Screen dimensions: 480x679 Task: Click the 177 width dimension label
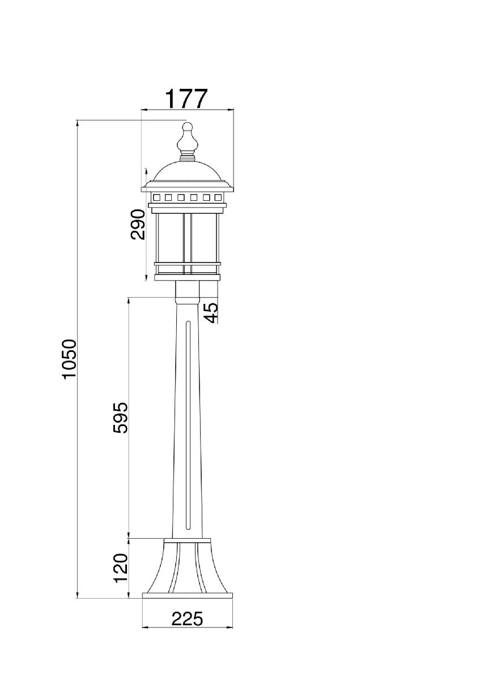tap(186, 98)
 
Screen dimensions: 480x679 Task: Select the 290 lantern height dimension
tap(138, 224)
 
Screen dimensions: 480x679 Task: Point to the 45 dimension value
tap(211, 313)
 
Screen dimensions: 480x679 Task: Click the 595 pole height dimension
tap(121, 418)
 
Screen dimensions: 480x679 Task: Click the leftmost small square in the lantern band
tap(156, 197)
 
